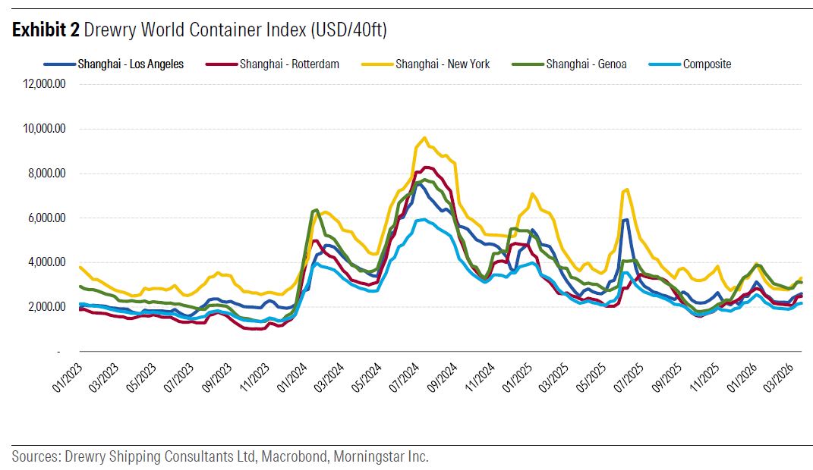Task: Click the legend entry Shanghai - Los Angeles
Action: (130, 64)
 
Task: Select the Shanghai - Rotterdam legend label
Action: (288, 64)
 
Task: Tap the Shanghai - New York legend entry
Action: (442, 64)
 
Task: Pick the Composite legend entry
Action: (707, 64)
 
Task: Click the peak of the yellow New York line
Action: (424, 138)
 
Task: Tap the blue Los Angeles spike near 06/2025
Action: (626, 220)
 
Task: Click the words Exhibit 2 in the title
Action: (46, 30)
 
